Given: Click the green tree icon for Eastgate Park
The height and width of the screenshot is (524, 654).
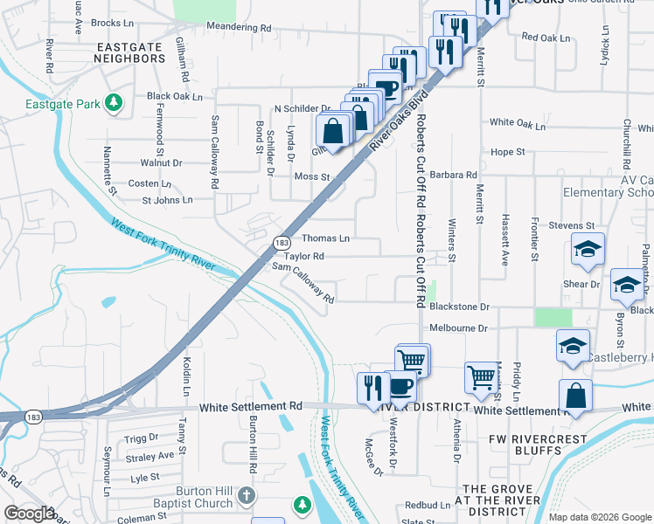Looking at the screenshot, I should pyautogui.click(x=113, y=103).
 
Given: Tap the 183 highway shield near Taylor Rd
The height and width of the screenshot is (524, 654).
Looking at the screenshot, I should pyautogui.click(x=281, y=242).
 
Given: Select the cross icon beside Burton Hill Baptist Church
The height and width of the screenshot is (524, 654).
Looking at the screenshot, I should pyautogui.click(x=247, y=496).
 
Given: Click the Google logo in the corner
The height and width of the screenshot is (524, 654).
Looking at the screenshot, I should pyautogui.click(x=30, y=514).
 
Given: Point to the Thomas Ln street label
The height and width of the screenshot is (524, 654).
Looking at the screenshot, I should pyautogui.click(x=325, y=238).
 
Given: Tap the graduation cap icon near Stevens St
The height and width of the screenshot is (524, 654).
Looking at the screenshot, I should pyautogui.click(x=588, y=249).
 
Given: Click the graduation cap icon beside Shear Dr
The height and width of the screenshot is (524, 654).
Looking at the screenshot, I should pyautogui.click(x=627, y=284).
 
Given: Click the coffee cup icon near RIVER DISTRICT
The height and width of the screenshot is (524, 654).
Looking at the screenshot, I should pyautogui.click(x=400, y=385).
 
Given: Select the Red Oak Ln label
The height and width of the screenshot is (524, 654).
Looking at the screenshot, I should pyautogui.click(x=545, y=38).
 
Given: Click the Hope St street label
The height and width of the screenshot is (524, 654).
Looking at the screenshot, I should pyautogui.click(x=507, y=152).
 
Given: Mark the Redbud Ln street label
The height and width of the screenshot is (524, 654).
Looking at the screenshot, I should pyautogui.click(x=427, y=506).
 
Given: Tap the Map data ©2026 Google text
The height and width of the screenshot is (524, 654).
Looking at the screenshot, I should pyautogui.click(x=600, y=517).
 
